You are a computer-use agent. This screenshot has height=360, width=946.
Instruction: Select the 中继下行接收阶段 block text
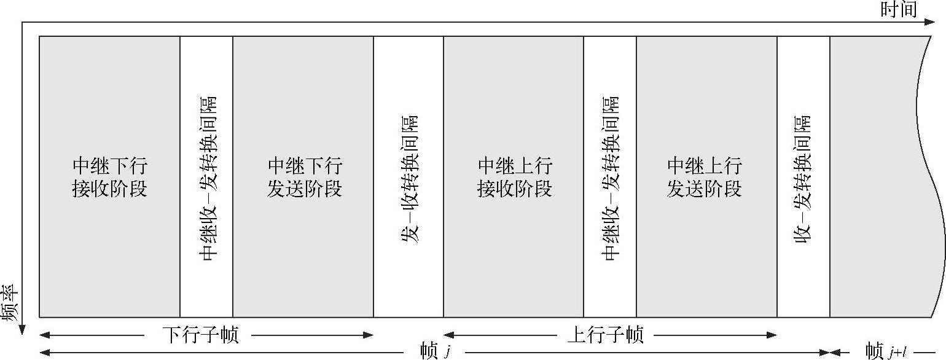[110, 177]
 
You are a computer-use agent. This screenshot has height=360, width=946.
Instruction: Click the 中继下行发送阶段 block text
[304, 177]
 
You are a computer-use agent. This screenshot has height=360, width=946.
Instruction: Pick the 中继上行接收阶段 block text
[514, 177]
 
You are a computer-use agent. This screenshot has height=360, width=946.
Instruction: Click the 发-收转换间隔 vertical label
[409, 178]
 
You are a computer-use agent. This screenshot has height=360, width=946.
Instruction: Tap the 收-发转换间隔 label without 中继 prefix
[803, 178]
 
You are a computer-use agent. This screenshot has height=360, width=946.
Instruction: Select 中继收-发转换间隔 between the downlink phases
[208, 178]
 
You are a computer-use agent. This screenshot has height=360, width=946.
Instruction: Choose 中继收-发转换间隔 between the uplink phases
[611, 178]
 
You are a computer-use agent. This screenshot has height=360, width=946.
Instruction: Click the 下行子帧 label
[200, 335]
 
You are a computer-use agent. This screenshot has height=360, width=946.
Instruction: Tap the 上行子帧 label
[605, 335]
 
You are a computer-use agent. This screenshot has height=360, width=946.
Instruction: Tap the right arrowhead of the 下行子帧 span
[369, 335]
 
